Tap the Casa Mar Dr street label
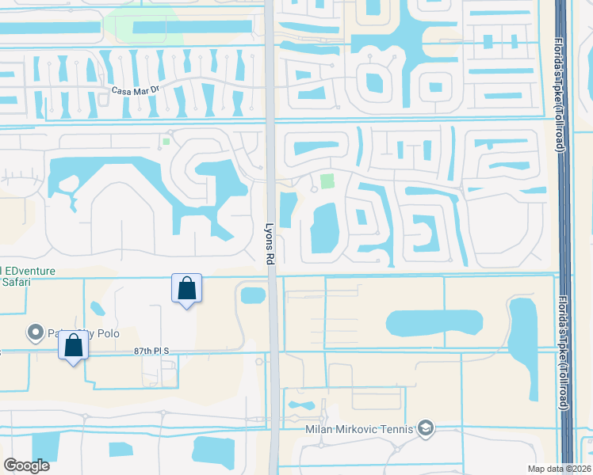tap(136, 91)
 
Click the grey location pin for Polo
tap(35, 332)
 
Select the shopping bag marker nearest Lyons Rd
tap(187, 289)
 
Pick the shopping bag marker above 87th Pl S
tap(74, 346)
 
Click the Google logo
tap(26, 465)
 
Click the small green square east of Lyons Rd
tap(327, 181)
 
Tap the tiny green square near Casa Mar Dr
tap(166, 142)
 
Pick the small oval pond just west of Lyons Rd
tap(253, 295)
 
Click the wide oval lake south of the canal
tap(434, 322)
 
